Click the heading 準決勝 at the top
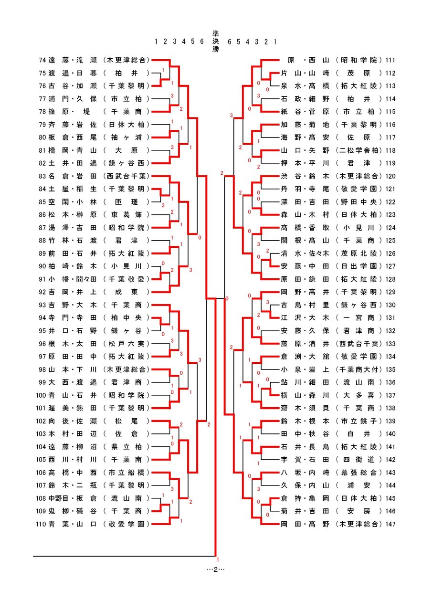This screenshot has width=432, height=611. pyautogui.click(x=215, y=42)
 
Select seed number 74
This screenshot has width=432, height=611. pyautogui.click(x=42, y=60)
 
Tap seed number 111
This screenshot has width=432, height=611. pyautogui.click(x=390, y=60)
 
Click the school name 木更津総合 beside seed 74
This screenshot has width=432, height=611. pyautogui.click(x=126, y=60)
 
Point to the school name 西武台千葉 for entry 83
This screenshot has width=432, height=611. pyautogui.click(x=126, y=176)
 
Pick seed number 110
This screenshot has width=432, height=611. pyautogui.click(x=41, y=524)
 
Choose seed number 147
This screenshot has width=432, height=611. pyautogui.click(x=390, y=524)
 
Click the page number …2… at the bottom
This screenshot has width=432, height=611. pyautogui.click(x=215, y=569)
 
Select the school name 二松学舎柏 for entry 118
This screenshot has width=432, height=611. pyautogui.click(x=359, y=150)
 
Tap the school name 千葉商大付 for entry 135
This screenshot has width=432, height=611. pyautogui.click(x=359, y=369)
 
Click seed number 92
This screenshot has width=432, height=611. pyautogui.click(x=42, y=292)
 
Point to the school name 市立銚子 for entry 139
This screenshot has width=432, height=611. pyautogui.click(x=359, y=421)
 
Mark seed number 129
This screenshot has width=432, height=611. pyautogui.click(x=390, y=292)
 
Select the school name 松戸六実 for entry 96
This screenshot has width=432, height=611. pyautogui.click(x=126, y=344)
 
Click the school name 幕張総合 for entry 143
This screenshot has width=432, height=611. pyautogui.click(x=359, y=473)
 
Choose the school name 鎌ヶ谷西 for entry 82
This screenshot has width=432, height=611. pyautogui.click(x=126, y=163)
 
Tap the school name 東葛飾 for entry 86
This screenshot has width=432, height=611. pyautogui.click(x=126, y=215)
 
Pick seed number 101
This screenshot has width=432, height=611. pyautogui.click(x=41, y=408)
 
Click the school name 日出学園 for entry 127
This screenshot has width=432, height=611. pyautogui.click(x=359, y=266)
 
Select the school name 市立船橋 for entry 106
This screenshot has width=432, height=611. pyautogui.click(x=126, y=473)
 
